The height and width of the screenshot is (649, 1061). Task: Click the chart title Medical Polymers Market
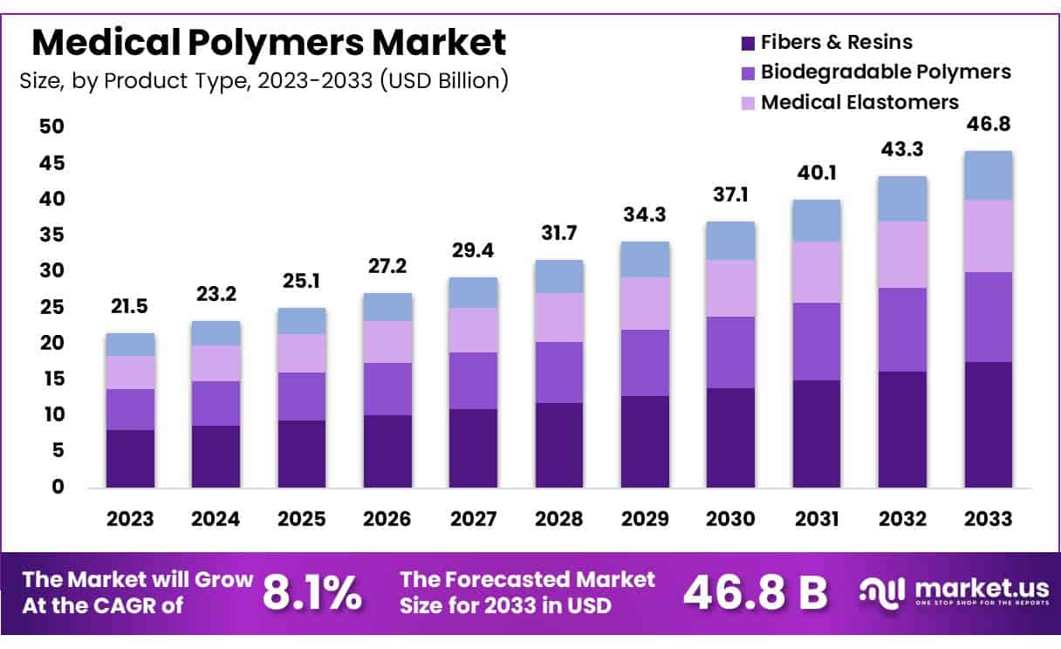[x=268, y=41]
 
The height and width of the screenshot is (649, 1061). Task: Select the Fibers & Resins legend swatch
[x=747, y=42]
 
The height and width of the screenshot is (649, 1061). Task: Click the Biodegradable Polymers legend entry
[x=885, y=72]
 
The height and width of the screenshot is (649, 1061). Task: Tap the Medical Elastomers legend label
[x=859, y=102]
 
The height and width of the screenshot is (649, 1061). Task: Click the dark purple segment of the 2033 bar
[x=988, y=424]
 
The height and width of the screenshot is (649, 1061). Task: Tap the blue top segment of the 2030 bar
[x=730, y=241]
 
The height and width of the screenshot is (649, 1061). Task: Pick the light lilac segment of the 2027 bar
[x=474, y=330]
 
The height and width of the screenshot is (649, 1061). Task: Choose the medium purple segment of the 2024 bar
[x=216, y=403]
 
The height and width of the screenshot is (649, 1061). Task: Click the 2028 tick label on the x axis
[x=559, y=519]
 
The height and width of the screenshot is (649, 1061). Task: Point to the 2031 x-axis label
[x=817, y=519]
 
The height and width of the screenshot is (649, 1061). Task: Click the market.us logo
[x=951, y=593]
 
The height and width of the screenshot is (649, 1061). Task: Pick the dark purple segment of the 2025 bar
[x=302, y=454]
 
